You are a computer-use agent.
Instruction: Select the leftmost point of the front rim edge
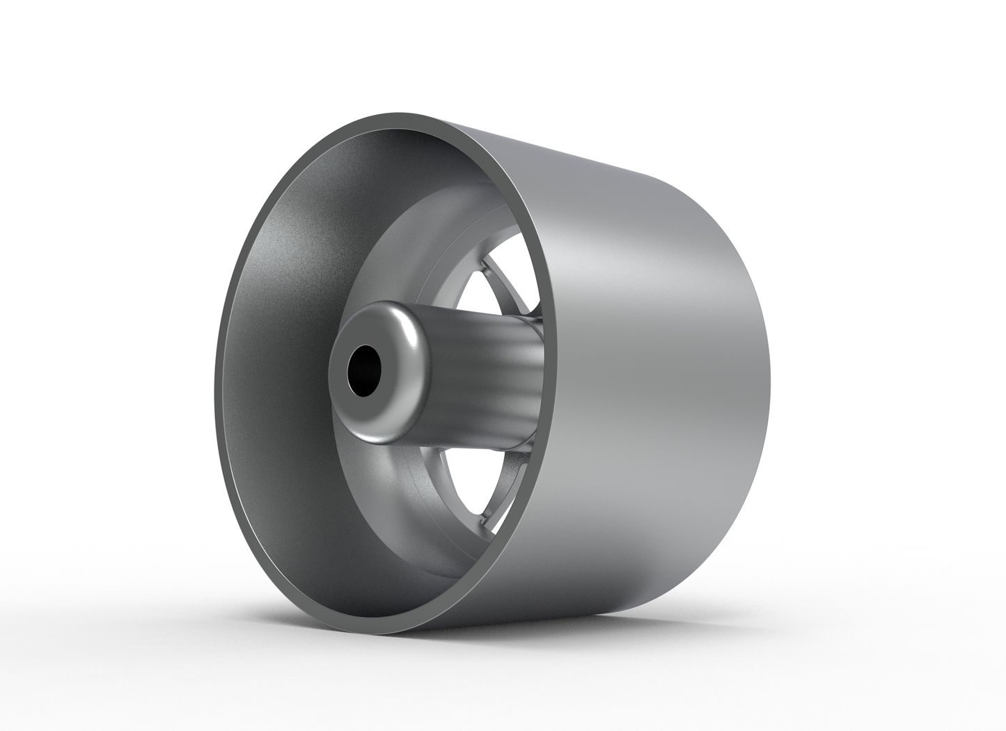tap(218, 390)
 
